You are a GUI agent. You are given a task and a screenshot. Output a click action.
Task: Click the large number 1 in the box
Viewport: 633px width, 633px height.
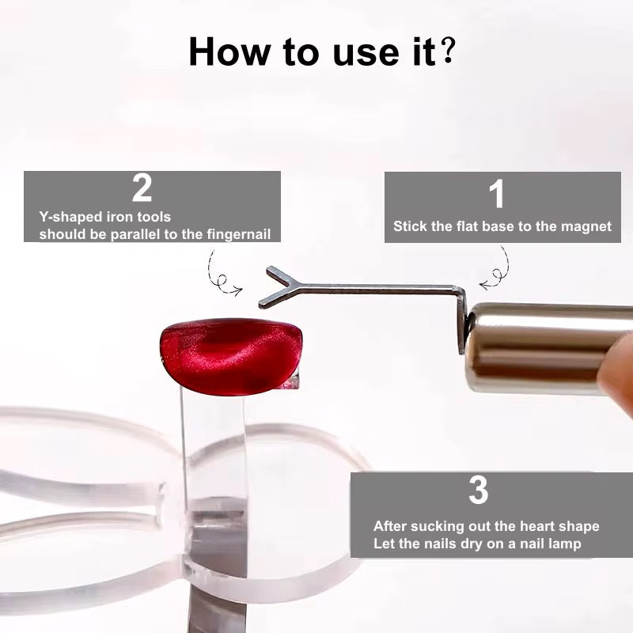(496, 195)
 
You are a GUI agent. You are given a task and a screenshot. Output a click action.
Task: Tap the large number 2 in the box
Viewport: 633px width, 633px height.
(142, 189)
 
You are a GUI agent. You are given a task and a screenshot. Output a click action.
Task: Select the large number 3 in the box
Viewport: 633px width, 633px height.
(478, 491)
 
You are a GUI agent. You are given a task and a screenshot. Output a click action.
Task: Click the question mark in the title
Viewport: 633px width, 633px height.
(449, 51)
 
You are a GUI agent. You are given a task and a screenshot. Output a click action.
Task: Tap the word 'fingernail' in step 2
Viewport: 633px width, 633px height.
(242, 234)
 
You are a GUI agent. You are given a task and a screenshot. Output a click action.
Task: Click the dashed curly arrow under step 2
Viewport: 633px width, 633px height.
(222, 274)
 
